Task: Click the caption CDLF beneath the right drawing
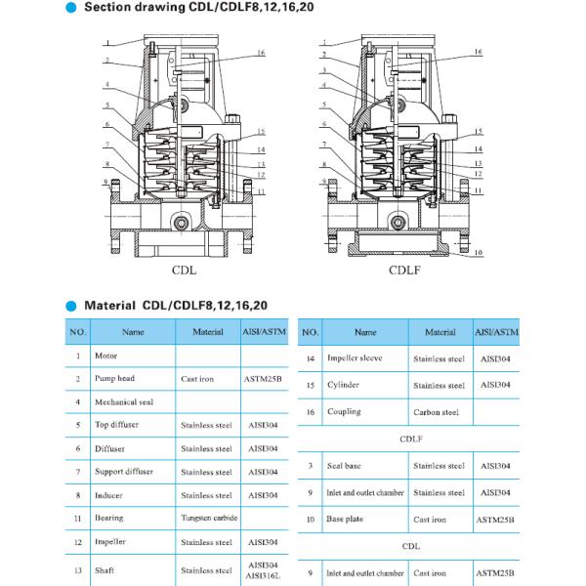click(x=403, y=270)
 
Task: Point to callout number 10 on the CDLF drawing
click(x=479, y=252)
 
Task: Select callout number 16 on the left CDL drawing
click(x=261, y=52)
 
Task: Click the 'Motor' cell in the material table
click(x=105, y=356)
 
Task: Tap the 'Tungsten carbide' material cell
click(x=208, y=518)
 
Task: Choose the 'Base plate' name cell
click(x=346, y=520)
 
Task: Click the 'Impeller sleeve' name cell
click(x=354, y=358)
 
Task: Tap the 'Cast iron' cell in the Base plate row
click(x=435, y=520)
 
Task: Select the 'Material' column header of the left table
click(x=208, y=332)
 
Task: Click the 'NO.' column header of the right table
click(x=311, y=332)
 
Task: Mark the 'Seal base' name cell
click(x=345, y=466)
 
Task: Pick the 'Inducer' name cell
click(x=108, y=495)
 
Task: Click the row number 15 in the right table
click(x=310, y=386)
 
